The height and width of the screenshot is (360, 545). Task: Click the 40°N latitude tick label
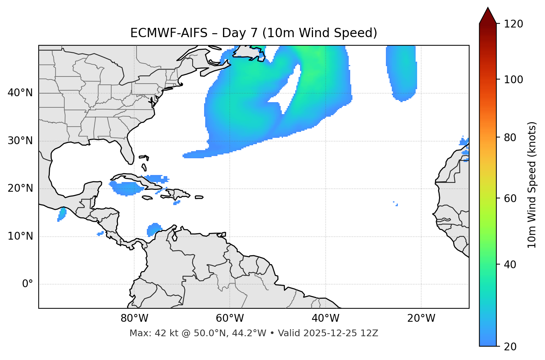[20, 93]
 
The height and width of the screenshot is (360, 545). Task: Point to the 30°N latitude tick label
[20, 141]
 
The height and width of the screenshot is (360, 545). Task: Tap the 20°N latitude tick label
[20, 188]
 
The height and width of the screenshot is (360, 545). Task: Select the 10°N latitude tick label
[20, 236]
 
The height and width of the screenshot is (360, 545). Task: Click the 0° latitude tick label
[28, 284]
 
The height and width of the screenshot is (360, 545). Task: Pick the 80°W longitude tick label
[134, 318]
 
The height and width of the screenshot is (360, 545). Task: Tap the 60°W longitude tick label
[230, 318]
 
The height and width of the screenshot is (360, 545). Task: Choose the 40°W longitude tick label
[326, 318]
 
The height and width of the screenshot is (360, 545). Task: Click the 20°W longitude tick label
[421, 318]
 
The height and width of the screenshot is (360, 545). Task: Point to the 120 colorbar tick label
[513, 24]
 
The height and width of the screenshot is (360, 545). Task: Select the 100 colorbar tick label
[513, 80]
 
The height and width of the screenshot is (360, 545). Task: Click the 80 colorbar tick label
[510, 137]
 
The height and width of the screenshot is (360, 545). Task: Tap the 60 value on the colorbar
[510, 198]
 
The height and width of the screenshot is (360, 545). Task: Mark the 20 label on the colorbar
[510, 347]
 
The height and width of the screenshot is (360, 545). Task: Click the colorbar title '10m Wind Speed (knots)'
[532, 185]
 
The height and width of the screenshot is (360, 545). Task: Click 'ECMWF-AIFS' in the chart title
[169, 33]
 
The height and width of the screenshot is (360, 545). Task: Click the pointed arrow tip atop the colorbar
[488, 9]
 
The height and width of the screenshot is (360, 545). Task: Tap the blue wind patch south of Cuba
[126, 189]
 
